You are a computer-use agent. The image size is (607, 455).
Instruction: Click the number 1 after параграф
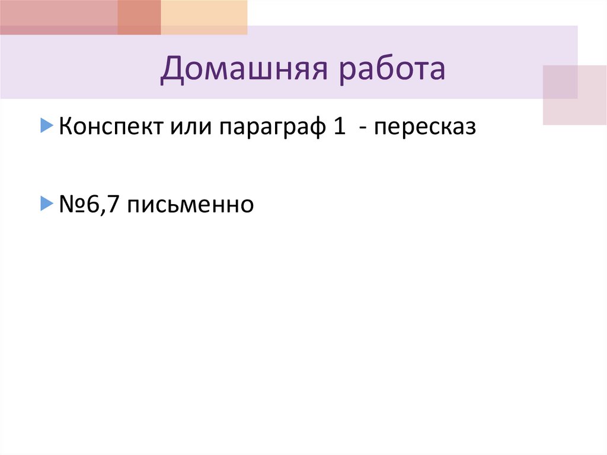pyautogui.click(x=339, y=128)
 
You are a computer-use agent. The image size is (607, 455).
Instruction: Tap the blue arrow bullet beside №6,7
pyautogui.click(x=47, y=204)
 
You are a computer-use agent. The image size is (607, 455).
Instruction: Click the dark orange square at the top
pyautogui.click(x=139, y=17)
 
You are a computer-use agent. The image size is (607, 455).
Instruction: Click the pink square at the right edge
pyautogui.click(x=574, y=95)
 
